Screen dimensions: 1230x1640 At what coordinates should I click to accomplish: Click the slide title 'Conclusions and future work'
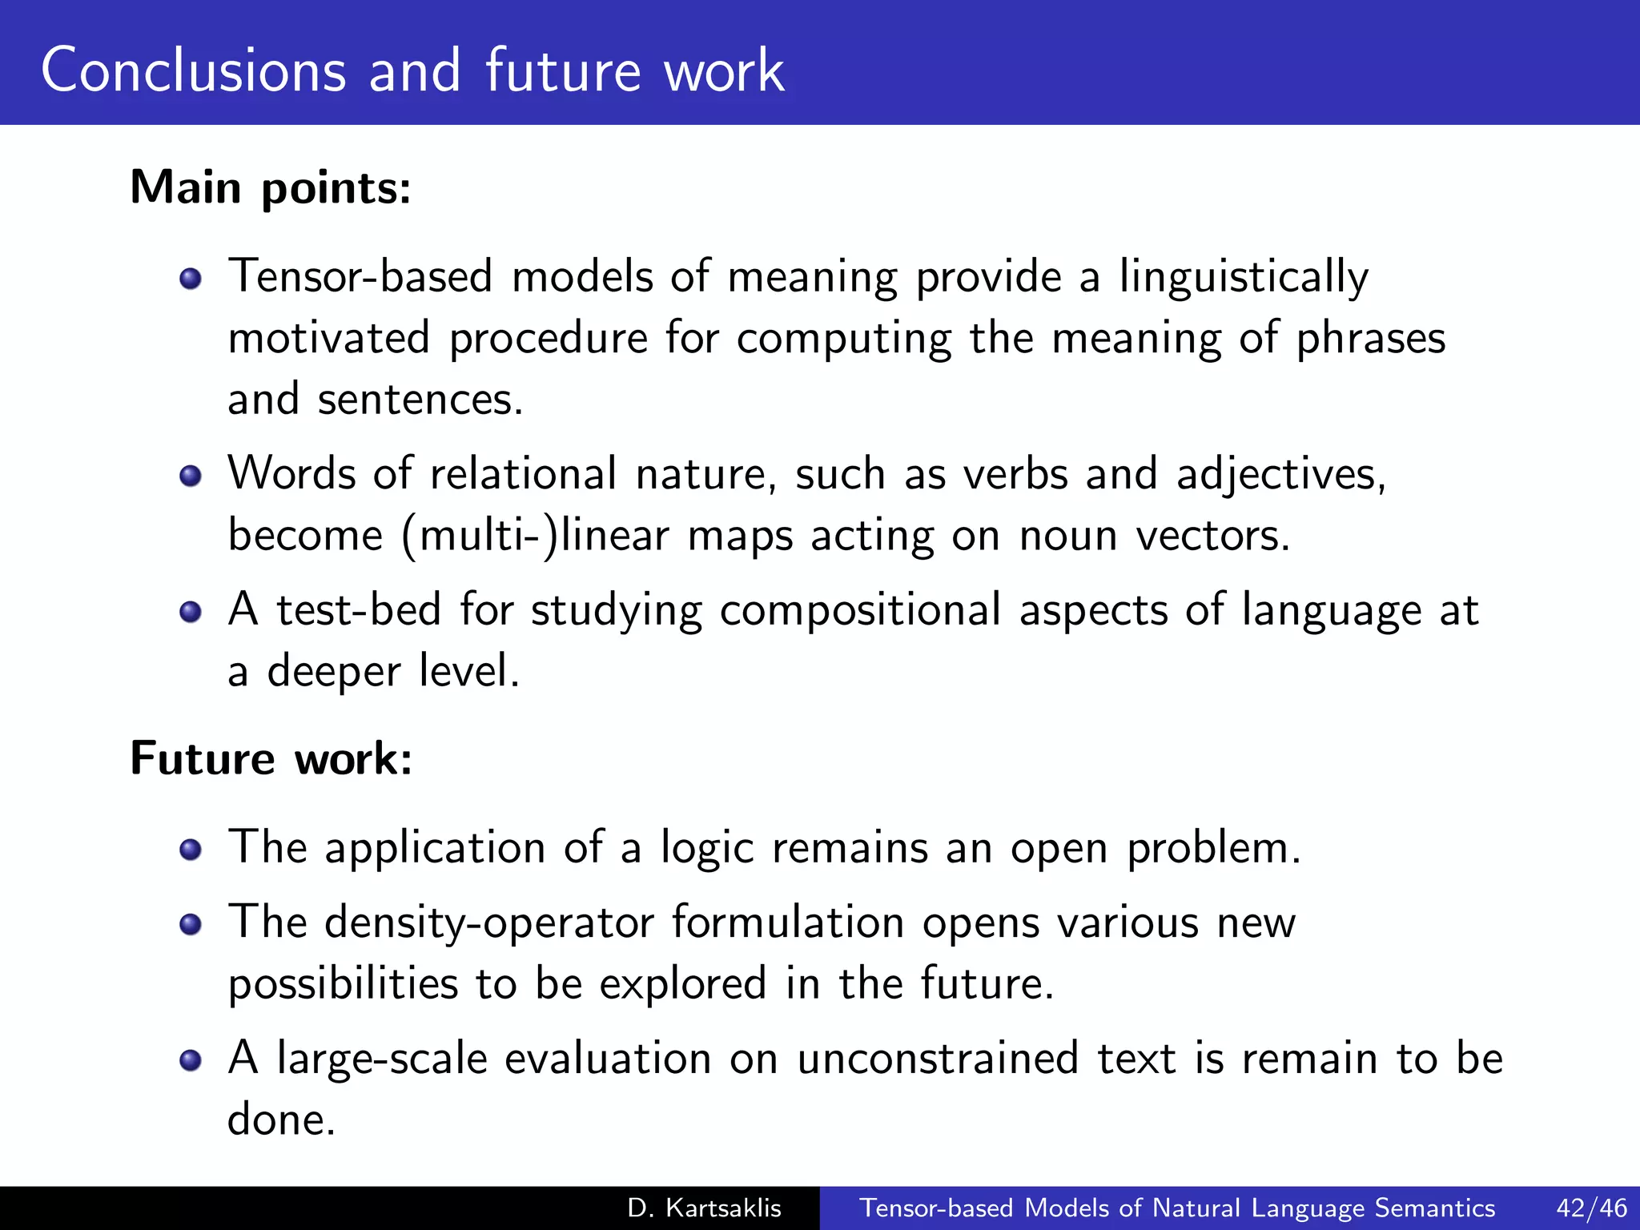412,70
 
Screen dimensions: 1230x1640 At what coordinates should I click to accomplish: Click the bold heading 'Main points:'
271,187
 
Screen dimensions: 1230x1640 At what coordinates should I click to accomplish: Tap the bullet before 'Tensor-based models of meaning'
191,279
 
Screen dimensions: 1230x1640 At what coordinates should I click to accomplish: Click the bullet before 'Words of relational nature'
191,476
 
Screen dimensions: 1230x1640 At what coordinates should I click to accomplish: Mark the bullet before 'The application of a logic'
191,849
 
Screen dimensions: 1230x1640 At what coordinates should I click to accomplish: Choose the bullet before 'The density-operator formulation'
191,925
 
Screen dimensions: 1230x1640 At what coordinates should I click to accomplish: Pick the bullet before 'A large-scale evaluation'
191,1061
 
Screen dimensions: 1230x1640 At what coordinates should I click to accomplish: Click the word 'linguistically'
1244,277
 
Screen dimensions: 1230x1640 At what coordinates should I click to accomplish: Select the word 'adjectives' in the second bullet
1279,474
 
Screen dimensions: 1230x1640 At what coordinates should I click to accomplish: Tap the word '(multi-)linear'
535,535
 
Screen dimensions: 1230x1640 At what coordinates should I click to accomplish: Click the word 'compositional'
860,610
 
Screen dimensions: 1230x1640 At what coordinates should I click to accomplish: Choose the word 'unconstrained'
938,1059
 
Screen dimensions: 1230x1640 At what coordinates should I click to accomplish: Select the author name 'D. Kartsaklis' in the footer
705,1208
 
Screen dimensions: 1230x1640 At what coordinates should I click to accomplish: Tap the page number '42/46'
1592,1208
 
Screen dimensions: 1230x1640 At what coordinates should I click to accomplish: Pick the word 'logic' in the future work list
707,848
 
